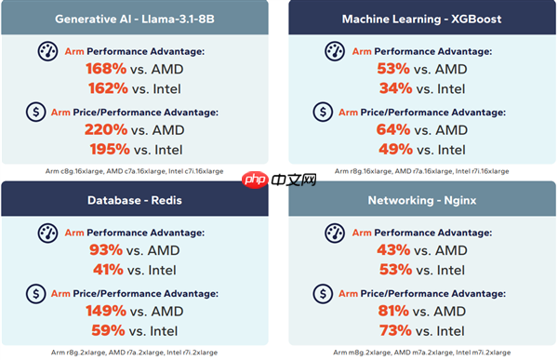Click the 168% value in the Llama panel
[x=104, y=69]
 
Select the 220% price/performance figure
[x=104, y=129]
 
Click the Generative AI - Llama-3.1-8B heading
[x=136, y=18]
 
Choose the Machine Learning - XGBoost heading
[x=420, y=18]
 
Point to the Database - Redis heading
[x=136, y=200]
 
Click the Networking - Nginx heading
[x=420, y=200]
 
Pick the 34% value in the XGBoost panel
[x=394, y=88]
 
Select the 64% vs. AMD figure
[x=394, y=129]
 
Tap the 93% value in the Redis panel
[x=106, y=250]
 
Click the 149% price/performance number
[x=104, y=310]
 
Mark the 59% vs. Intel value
[x=107, y=329]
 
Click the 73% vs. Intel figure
[x=394, y=329]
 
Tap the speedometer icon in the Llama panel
[x=47, y=51]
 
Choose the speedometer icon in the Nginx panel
[x=334, y=233]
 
